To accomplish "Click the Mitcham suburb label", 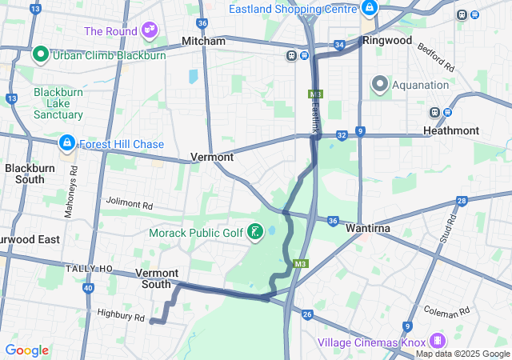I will (203, 40).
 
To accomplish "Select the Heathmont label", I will (472, 130).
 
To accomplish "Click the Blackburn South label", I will (24, 174).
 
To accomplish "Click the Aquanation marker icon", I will (378, 83).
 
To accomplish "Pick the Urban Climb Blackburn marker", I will (41, 55).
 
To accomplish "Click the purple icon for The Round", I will (149, 30).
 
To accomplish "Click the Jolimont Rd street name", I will (129, 205).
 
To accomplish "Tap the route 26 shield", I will (307, 314).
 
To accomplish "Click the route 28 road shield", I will (462, 201).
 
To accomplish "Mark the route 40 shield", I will (88, 288).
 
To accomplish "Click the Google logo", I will (26, 350).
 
